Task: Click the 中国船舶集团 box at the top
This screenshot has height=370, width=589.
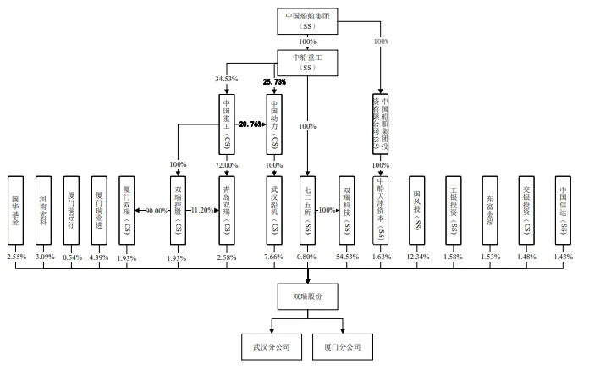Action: [x=307, y=20]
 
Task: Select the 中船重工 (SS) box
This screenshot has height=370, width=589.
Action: [x=307, y=60]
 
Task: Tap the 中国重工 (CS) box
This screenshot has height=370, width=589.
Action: [x=226, y=124]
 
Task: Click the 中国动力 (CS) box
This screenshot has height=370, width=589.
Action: [x=273, y=124]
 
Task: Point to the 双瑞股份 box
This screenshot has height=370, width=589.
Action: [x=307, y=296]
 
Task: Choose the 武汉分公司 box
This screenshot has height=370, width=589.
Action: [x=271, y=346]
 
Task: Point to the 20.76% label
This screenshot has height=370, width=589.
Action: [x=250, y=124]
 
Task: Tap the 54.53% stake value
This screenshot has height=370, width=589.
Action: [x=344, y=257]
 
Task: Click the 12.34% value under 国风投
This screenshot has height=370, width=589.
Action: [x=416, y=257]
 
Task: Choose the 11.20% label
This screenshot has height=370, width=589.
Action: [x=201, y=210]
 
